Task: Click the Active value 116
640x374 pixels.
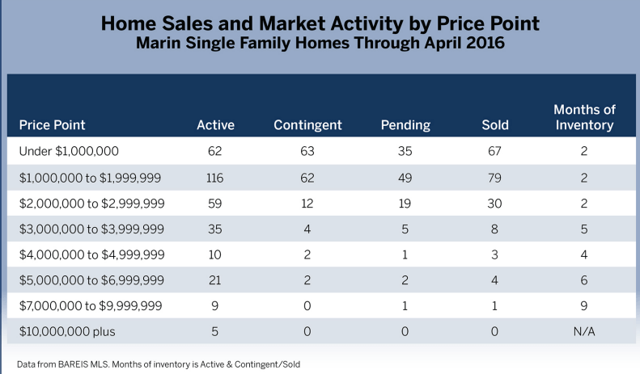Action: click(215, 176)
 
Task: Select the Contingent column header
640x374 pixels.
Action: click(307, 125)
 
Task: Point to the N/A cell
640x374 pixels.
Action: click(583, 331)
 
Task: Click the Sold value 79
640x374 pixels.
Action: click(494, 176)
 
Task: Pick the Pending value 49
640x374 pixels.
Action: click(405, 176)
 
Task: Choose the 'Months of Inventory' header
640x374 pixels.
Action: click(583, 117)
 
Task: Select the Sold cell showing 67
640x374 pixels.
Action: click(494, 150)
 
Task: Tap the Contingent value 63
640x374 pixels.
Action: click(307, 150)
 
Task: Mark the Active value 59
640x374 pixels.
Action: click(215, 202)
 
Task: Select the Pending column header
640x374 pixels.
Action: click(405, 125)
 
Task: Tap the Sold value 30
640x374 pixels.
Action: click(494, 202)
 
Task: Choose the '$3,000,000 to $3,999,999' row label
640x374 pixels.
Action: click(91, 228)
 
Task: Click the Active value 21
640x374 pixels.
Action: click(215, 279)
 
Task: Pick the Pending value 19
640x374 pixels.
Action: click(405, 202)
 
